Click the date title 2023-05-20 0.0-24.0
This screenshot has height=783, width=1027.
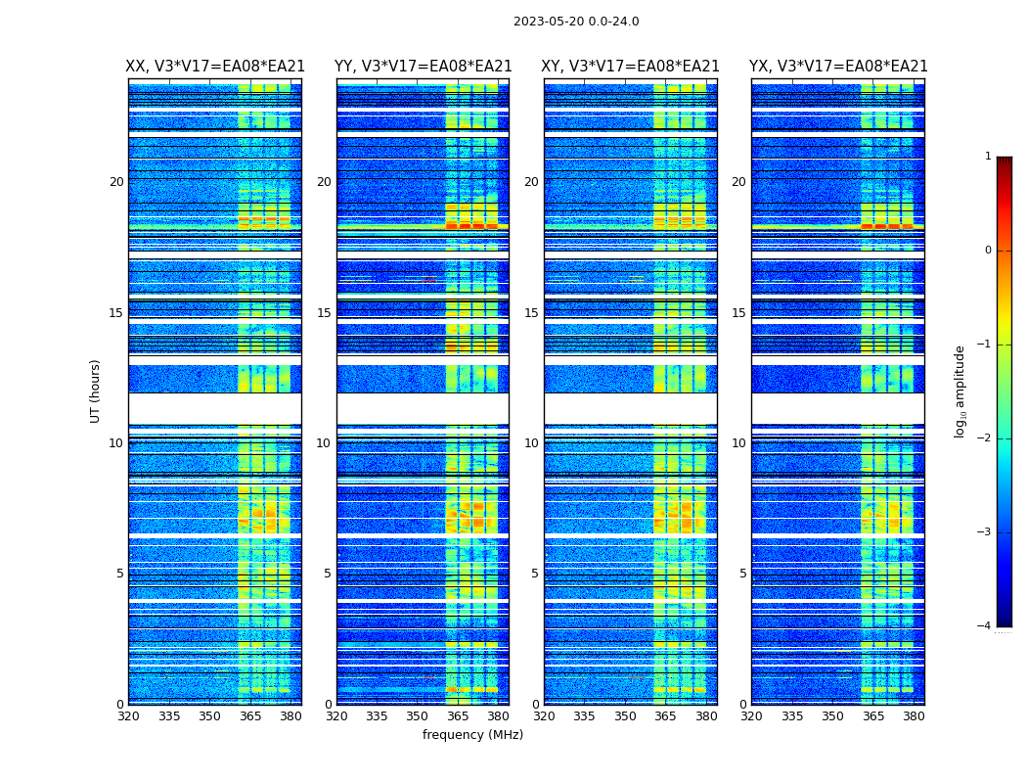pyautogui.click(x=576, y=22)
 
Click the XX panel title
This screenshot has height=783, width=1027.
pyautogui.click(x=215, y=67)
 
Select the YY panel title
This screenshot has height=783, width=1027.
pyautogui.click(x=423, y=67)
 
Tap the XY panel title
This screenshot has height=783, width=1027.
pyautogui.click(x=631, y=67)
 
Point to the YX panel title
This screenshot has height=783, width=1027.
pyautogui.click(x=838, y=67)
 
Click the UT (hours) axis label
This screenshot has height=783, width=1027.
pyautogui.click(x=95, y=391)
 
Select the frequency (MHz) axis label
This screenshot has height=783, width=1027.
pyautogui.click(x=472, y=735)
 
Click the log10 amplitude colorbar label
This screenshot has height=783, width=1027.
pyautogui.click(x=960, y=391)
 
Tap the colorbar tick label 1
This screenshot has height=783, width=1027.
pyautogui.click(x=988, y=157)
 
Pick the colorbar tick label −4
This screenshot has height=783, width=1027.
pyautogui.click(x=985, y=626)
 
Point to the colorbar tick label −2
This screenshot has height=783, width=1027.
pyautogui.click(x=985, y=438)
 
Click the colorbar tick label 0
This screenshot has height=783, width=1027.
pyautogui.click(x=988, y=251)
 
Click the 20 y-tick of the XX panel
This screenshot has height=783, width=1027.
pyautogui.click(x=116, y=182)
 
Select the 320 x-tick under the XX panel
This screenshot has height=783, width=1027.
pyautogui.click(x=128, y=716)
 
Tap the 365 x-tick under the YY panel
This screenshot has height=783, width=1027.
pyautogui.click(x=459, y=716)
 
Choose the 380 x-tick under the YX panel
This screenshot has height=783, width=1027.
pyautogui.click(x=914, y=716)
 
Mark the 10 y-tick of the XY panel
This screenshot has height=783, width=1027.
pyautogui.click(x=531, y=443)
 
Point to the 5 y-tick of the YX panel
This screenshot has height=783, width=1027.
pyautogui.click(x=742, y=574)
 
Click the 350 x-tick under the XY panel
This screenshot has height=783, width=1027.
pyautogui.click(x=625, y=716)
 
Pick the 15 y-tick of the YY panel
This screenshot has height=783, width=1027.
pyautogui.click(x=324, y=313)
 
